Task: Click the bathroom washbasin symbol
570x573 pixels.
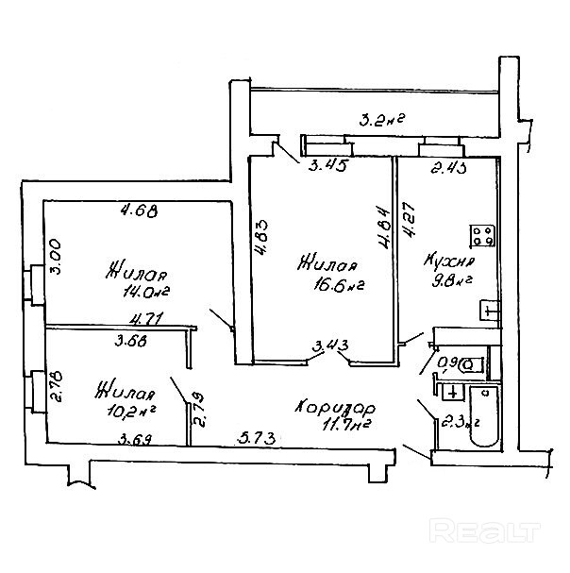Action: coord(453,392)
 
